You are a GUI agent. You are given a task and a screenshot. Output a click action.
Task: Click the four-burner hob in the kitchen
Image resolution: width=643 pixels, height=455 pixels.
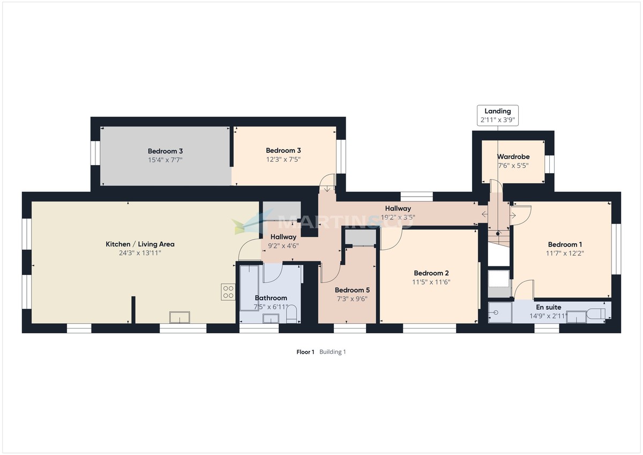coord(228,292)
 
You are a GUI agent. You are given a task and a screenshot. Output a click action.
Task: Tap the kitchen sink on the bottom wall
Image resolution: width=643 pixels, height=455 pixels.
coord(179,317)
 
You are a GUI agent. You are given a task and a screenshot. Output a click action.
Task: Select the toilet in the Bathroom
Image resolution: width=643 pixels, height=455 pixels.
coord(291,315)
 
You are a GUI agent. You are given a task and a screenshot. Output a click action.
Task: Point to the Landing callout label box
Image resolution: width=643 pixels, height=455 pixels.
coord(498,115)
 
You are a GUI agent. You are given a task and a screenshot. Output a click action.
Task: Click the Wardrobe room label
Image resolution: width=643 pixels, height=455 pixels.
coord(513,157)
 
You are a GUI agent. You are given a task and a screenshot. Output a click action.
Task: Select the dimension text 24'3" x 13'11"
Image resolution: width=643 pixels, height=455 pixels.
coord(140,253)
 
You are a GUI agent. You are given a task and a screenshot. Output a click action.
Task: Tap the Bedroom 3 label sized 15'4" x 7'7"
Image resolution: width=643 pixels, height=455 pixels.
coord(166,151)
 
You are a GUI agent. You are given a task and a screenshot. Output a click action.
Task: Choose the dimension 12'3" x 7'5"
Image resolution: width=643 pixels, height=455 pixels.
coord(283,159)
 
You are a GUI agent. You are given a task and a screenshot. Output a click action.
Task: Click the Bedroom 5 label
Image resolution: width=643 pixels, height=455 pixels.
coord(352,290)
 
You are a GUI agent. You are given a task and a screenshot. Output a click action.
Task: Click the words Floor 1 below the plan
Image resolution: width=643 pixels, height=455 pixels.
coord(305,352)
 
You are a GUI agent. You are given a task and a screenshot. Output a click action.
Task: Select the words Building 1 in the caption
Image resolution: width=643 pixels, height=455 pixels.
coord(333,352)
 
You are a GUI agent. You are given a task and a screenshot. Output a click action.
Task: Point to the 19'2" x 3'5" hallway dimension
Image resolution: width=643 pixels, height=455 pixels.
coord(398,217)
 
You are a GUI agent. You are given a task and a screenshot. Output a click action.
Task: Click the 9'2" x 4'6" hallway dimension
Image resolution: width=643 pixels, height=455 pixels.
coord(283,245)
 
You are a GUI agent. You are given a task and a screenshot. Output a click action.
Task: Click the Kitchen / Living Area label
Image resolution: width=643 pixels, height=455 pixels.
coord(140,244)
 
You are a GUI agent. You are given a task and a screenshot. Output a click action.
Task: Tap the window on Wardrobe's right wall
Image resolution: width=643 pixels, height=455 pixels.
coord(549,163)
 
